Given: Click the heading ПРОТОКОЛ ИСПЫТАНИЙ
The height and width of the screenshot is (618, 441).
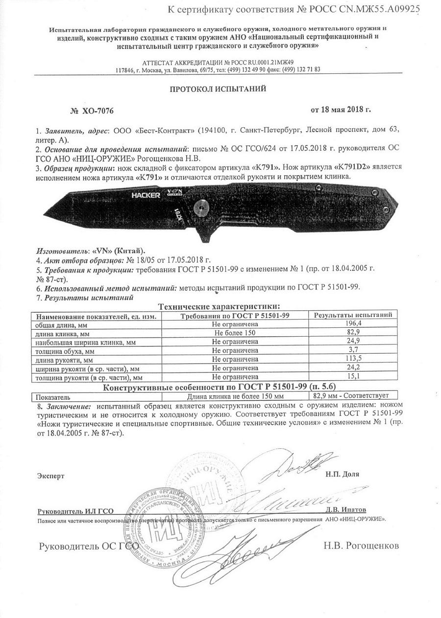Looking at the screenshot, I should coord(218,90).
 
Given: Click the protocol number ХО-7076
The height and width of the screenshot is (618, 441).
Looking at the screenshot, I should coord(98,111).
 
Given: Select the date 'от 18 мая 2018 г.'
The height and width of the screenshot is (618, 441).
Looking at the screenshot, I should coord(341,109).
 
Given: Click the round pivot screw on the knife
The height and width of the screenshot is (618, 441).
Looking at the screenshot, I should coord(200,206).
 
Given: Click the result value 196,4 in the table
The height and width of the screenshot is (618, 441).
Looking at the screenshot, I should coord(353,323).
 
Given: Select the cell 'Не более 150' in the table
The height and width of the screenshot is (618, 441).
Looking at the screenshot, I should coord(235,333).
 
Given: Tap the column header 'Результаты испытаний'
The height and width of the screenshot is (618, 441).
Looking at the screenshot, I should coord(353,315).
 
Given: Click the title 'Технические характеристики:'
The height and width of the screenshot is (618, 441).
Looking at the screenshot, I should coord(219,306).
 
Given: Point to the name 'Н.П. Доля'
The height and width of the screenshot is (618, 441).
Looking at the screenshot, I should coord(342,474).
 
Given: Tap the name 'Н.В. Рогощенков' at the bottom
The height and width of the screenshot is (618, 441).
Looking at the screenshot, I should coord(361,545).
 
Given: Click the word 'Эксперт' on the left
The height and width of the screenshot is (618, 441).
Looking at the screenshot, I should coord(51,475).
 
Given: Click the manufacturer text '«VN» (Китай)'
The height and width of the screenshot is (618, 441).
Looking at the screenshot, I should coord(112,250).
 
